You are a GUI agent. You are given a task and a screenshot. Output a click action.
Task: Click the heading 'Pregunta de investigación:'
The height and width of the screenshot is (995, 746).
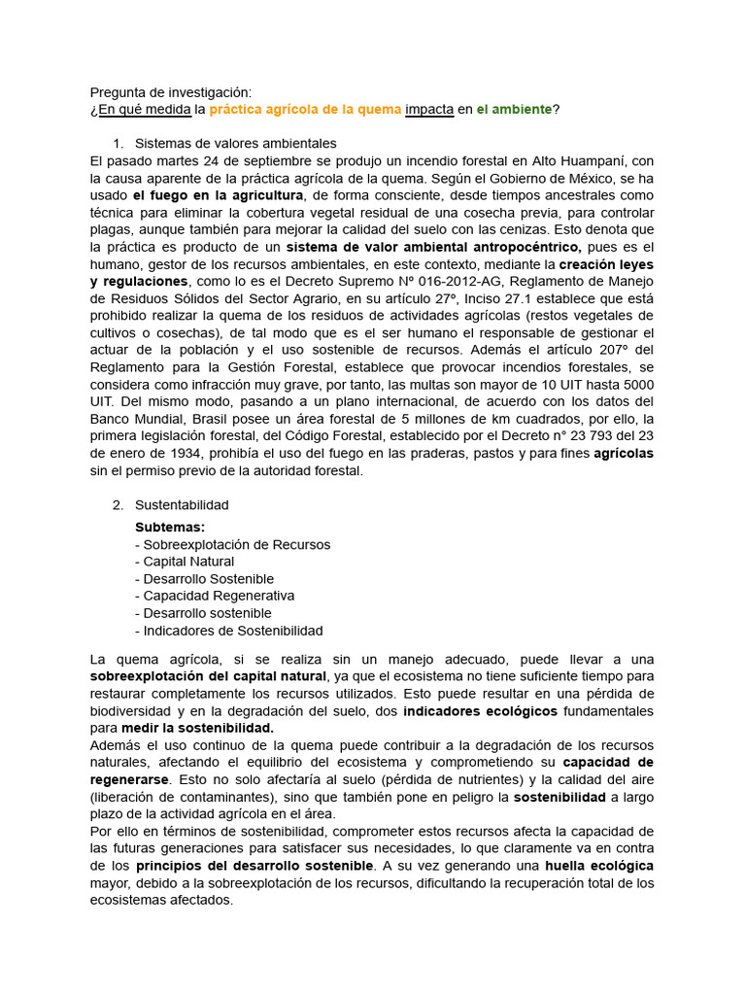[170, 92]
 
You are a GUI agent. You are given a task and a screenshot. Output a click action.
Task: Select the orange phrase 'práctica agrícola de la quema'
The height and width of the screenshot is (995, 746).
[305, 110]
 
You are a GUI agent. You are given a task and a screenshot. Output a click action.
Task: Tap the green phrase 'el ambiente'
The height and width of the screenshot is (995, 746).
[514, 110]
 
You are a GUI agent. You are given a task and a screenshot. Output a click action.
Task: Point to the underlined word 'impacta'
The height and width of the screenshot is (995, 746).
[429, 110]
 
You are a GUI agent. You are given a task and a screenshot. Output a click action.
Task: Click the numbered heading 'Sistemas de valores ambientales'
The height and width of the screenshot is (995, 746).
[236, 143]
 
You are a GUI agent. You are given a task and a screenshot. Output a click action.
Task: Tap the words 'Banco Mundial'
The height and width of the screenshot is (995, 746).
[133, 419]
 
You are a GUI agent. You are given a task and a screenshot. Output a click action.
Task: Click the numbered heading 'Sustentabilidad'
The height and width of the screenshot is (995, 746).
[182, 505]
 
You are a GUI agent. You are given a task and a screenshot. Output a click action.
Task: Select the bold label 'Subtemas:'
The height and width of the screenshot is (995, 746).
[170, 527]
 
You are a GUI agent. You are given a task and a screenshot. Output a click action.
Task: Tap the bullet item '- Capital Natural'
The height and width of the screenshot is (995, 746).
[185, 562]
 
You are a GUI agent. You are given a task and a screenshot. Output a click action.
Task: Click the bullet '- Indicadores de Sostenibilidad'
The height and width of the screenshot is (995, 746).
[229, 631]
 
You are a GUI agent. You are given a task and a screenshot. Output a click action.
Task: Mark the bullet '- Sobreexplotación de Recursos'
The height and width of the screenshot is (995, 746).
[232, 544]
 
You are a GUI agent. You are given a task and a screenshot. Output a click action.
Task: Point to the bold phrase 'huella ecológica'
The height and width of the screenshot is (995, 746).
[599, 865]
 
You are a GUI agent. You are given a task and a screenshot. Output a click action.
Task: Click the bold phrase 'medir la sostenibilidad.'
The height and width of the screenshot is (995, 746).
[197, 727]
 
